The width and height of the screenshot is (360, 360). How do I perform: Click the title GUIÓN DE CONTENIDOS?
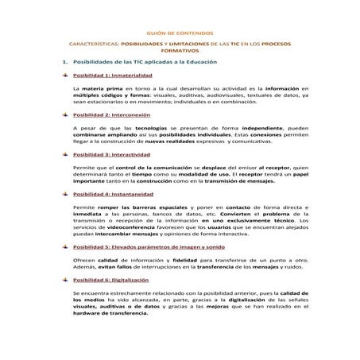[179, 33]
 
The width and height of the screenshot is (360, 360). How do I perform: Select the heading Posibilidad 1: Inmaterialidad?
[112, 75]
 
